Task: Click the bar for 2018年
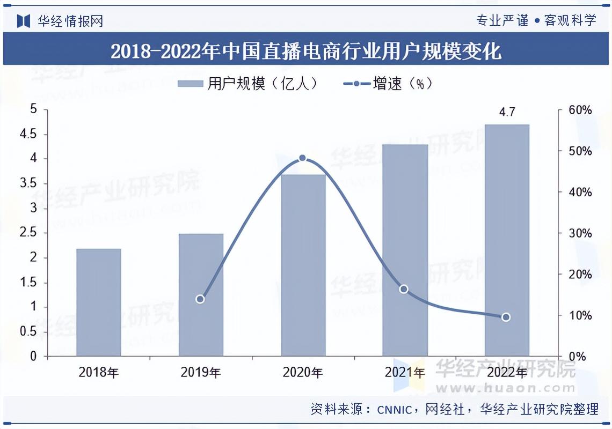click(99, 302)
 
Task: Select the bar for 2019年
click(201, 295)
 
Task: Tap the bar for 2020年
click(303, 265)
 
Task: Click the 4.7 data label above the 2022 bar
click(507, 113)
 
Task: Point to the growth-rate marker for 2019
click(200, 299)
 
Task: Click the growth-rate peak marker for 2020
click(302, 158)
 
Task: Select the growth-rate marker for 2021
click(404, 289)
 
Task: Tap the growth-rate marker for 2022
click(506, 317)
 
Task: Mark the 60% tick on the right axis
click(580, 110)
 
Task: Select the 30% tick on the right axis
click(580, 233)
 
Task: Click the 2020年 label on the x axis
click(303, 372)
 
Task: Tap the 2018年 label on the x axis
click(99, 372)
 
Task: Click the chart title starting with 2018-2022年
click(306, 51)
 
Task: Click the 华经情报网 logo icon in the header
click(23, 21)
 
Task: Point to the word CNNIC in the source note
click(394, 410)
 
